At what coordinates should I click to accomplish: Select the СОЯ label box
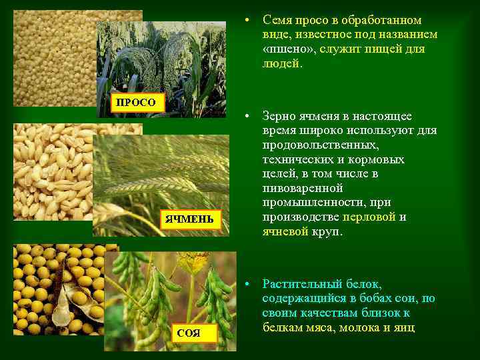(189, 332)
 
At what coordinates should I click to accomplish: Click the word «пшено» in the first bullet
(287, 49)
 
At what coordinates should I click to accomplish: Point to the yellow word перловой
(369, 217)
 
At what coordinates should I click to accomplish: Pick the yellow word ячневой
(285, 231)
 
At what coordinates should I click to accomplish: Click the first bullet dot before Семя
(247, 20)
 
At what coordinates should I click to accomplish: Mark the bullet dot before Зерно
(247, 116)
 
